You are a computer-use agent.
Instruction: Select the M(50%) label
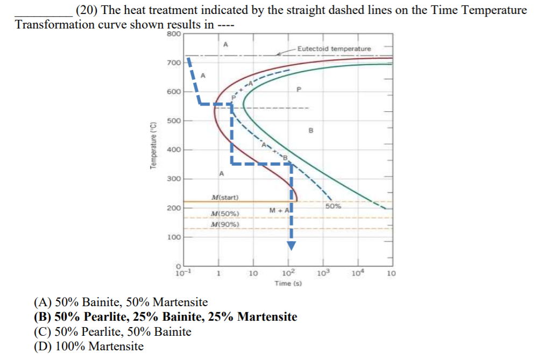click(x=225, y=214)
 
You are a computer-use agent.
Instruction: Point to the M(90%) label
click(x=225, y=224)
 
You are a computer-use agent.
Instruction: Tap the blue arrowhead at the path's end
click(x=291, y=245)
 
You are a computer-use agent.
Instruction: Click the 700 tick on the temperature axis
click(x=174, y=63)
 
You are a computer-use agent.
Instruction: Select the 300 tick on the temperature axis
click(x=174, y=179)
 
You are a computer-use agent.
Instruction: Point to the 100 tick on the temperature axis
click(x=174, y=237)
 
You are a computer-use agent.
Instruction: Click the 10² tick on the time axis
click(x=289, y=273)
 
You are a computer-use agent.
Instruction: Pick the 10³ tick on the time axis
click(x=324, y=273)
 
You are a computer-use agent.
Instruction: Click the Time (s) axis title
click(x=288, y=283)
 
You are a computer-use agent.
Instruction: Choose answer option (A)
click(x=121, y=302)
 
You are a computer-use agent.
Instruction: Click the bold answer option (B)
click(x=165, y=316)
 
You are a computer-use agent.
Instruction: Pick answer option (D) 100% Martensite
click(x=89, y=346)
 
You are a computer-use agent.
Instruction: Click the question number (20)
click(x=84, y=10)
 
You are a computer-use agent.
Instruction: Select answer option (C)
click(x=112, y=331)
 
